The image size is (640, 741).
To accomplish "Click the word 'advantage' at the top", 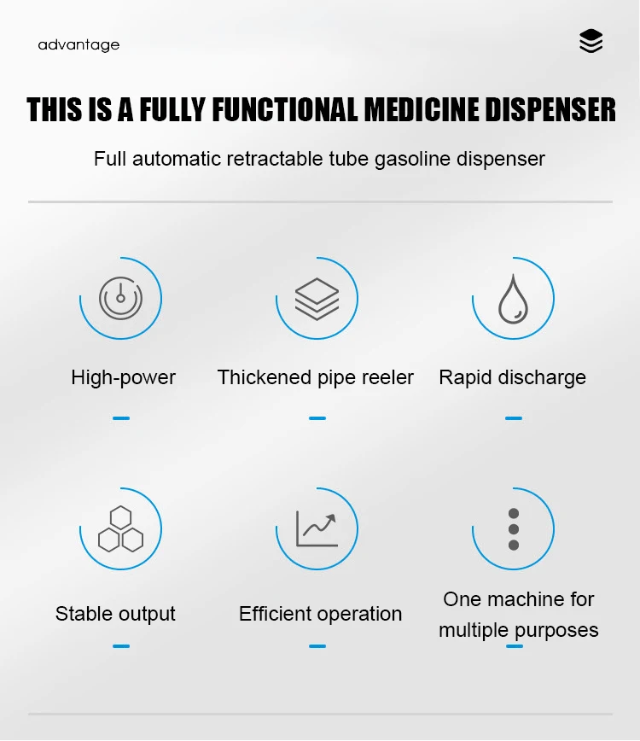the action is pos(79,44).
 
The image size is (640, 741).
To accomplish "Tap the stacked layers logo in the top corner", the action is pos(591,41).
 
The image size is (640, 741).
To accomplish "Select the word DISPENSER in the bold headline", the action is pos(550,111).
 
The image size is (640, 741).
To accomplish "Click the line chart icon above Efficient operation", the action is pos(317,528).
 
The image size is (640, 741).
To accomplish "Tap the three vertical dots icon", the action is pos(514,529).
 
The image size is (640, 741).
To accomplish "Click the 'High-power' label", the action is pos(124,377).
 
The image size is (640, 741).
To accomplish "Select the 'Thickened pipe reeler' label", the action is pos(316,377).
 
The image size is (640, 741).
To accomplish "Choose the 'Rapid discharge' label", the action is pos(512,377).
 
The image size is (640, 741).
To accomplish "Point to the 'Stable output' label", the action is pos(115,614).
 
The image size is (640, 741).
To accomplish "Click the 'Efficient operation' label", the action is pos(320,614).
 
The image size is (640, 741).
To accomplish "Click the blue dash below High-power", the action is pos(121,418).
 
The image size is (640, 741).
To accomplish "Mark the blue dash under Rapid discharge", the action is pos(513,418).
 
